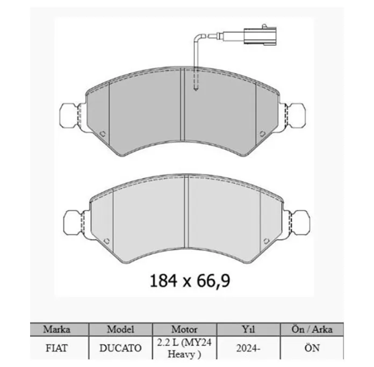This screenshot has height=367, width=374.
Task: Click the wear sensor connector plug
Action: pos(260,36)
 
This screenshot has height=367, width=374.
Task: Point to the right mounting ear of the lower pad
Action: pos(298,222)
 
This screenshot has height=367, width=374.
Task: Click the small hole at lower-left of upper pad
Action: pos(102,134)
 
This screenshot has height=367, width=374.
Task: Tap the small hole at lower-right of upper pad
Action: pos(262,134)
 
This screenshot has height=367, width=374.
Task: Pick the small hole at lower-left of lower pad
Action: pos(106,241)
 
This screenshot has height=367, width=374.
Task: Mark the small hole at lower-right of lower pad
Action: pos(267,241)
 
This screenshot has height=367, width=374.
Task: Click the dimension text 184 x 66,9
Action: pos(190,281)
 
